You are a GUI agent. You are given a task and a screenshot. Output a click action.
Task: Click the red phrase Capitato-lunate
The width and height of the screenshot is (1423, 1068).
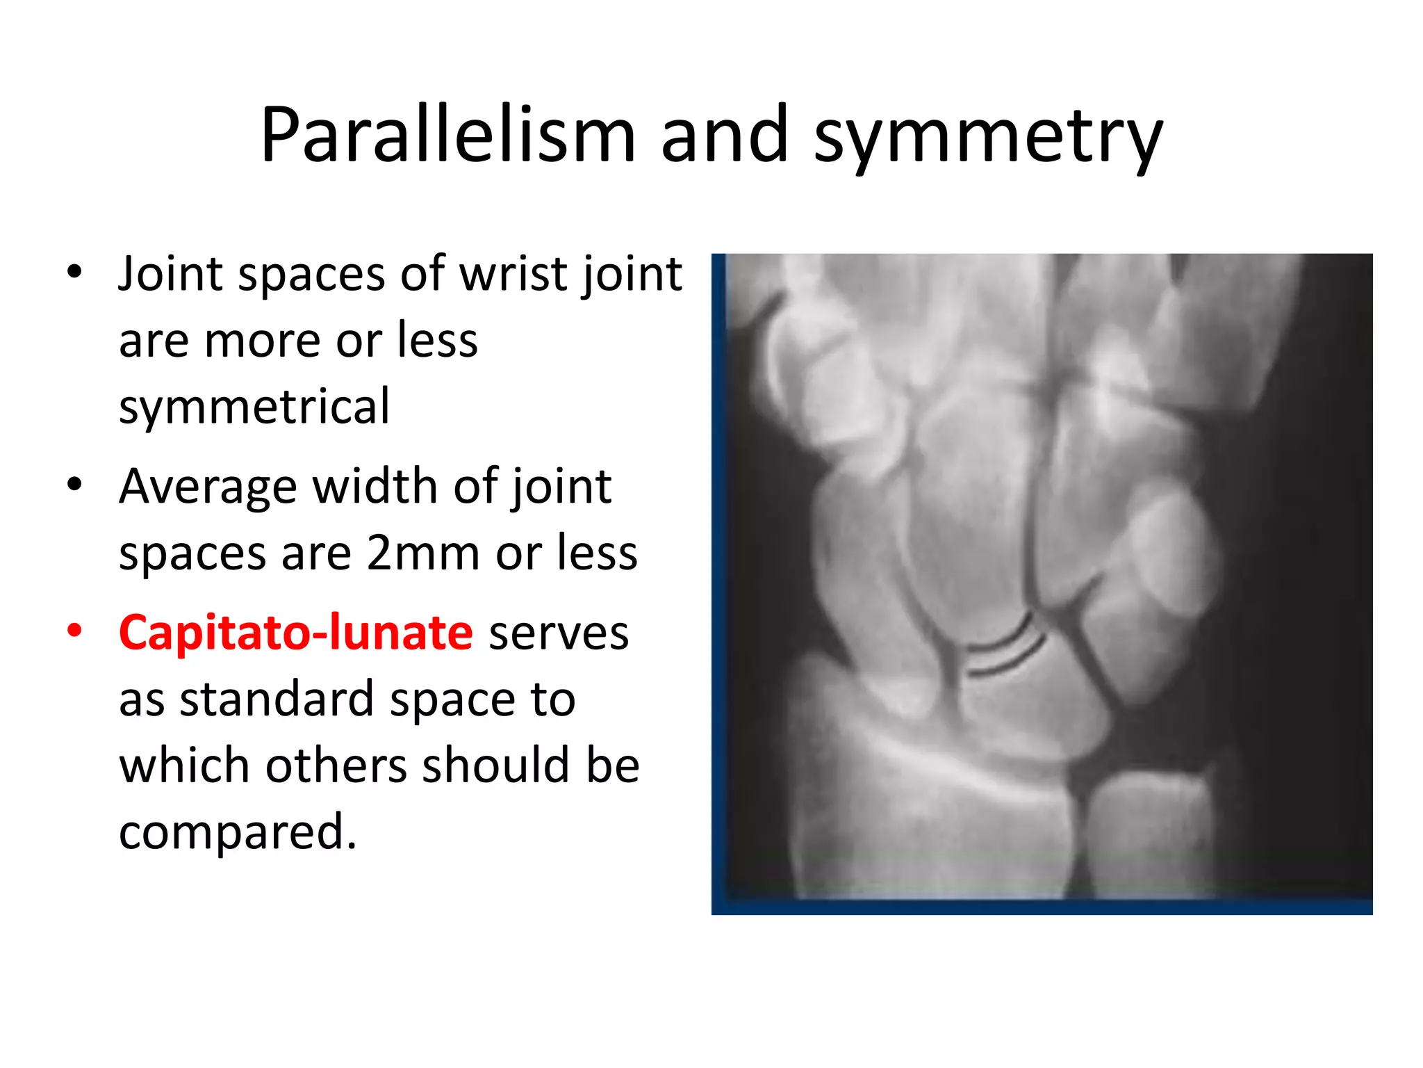(x=296, y=633)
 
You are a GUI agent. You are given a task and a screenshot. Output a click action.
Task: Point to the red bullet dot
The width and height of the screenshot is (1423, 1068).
(x=74, y=631)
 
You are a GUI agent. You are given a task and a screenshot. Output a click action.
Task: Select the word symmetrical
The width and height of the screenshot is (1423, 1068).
(x=254, y=407)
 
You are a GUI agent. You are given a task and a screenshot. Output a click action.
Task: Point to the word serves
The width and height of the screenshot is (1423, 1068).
(x=558, y=633)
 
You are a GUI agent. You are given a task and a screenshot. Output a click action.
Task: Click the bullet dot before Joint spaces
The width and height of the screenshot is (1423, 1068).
(x=74, y=271)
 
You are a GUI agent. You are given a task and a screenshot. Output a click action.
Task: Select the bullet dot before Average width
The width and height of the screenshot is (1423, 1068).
(x=74, y=484)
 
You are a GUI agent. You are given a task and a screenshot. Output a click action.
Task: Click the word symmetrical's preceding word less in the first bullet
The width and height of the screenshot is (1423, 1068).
(x=437, y=341)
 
